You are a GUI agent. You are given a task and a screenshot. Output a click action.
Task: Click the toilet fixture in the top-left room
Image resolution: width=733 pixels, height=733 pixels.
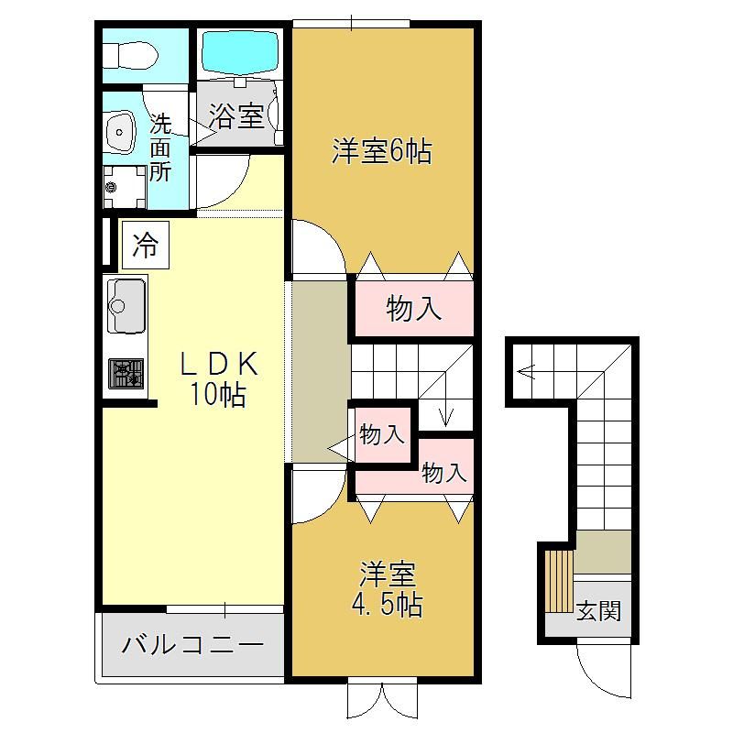click(130, 56)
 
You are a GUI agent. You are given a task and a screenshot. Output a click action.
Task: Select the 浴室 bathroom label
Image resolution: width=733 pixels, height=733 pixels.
click(236, 115)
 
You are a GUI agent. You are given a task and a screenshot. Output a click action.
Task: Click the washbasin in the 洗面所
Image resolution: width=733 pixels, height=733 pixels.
click(121, 132)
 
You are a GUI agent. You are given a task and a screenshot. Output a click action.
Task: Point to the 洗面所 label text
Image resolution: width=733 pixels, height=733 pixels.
click(160, 148)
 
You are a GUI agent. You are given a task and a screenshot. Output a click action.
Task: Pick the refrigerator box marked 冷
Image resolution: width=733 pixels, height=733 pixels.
click(146, 245)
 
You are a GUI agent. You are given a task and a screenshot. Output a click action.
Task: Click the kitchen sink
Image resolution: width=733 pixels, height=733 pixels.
click(126, 306)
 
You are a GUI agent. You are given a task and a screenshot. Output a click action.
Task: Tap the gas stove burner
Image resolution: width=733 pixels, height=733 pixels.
click(126, 374)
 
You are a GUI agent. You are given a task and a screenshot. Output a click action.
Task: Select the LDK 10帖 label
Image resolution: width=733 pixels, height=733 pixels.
click(219, 378)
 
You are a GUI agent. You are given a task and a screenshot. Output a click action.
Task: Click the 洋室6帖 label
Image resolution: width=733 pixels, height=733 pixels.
click(381, 151)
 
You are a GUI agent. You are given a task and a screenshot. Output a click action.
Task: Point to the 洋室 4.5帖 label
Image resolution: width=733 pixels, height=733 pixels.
click(387, 589)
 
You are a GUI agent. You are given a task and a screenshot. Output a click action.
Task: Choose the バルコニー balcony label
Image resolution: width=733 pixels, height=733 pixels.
click(192, 645)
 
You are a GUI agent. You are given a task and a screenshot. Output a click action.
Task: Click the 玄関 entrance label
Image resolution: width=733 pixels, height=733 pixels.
click(598, 610)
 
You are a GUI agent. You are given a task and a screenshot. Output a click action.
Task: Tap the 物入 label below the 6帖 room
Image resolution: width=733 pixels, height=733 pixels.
click(414, 309)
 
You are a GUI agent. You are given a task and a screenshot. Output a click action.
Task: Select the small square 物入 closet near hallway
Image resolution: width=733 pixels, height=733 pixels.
click(383, 434)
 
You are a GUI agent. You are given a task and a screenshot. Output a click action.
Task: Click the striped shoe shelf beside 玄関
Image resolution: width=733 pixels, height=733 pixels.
click(560, 581)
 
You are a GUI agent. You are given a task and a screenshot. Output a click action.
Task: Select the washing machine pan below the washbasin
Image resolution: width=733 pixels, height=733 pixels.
click(125, 187)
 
